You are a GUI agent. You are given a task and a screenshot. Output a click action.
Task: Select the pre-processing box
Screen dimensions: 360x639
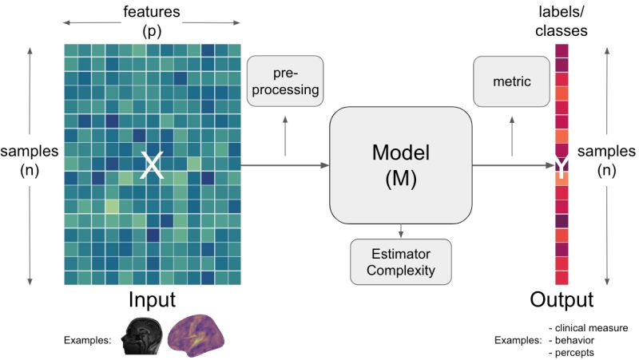(x=285, y=81)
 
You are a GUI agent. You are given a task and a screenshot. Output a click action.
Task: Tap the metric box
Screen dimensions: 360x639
(x=512, y=81)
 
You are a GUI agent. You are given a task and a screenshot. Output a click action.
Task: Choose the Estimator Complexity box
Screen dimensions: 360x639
(x=400, y=261)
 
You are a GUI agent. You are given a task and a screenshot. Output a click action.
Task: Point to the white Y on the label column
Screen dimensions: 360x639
(x=562, y=166)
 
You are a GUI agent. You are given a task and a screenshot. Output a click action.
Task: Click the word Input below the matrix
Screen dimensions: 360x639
(x=151, y=300)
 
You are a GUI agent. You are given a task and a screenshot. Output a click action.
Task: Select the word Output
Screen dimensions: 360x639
(x=562, y=300)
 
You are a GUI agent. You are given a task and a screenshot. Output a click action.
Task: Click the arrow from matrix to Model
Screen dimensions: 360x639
(x=284, y=165)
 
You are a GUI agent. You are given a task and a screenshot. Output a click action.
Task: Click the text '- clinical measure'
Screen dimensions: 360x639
(x=589, y=327)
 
